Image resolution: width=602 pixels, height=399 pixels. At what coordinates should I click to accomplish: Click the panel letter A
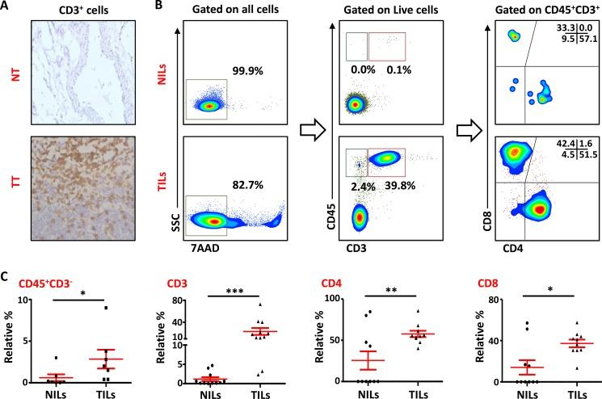[6, 6]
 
